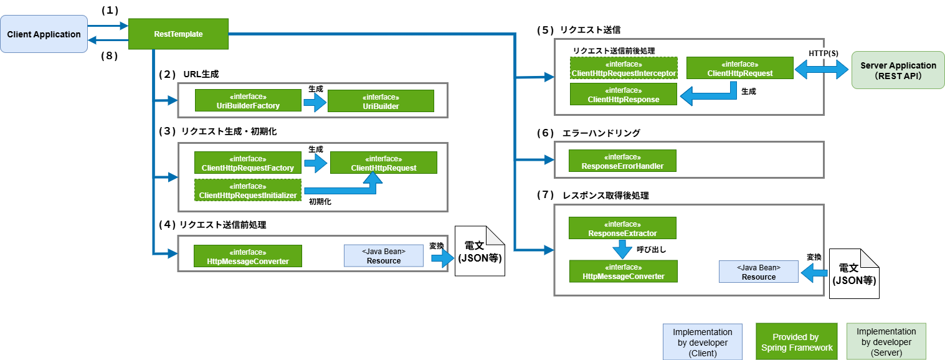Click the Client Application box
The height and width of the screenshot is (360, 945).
pyautogui.click(x=44, y=34)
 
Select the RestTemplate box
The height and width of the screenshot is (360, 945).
pyautogui.click(x=178, y=34)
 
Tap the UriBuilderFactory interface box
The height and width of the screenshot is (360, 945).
pyautogui.click(x=248, y=101)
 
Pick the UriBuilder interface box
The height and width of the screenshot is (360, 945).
pyautogui.click(x=381, y=102)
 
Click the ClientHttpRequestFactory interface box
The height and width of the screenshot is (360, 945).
pyautogui.click(x=248, y=163)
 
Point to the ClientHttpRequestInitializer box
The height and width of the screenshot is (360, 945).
pyautogui.click(x=248, y=191)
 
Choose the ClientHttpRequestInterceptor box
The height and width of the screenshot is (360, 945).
pyautogui.click(x=624, y=69)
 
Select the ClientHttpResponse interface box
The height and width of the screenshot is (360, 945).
pyautogui.click(x=624, y=95)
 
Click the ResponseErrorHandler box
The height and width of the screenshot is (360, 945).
pyautogui.click(x=622, y=161)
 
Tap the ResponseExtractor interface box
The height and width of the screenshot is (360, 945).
pyautogui.click(x=622, y=229)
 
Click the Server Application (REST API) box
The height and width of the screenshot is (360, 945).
pyautogui.click(x=889, y=70)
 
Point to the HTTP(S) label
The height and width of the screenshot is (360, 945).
pyautogui.click(x=823, y=54)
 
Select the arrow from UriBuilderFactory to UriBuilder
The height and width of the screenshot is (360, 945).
pyautogui.click(x=315, y=102)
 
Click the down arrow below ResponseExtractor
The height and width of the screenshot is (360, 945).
pyautogui.click(x=622, y=249)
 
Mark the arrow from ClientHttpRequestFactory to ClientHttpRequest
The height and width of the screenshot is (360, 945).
pyautogui.click(x=316, y=163)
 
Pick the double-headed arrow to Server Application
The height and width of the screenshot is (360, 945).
pyautogui.click(x=822, y=70)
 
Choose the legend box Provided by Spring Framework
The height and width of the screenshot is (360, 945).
pyautogui.click(x=796, y=342)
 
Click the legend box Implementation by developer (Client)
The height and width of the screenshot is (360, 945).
pyautogui.click(x=703, y=342)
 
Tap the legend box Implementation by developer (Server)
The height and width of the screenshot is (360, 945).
pyautogui.click(x=886, y=342)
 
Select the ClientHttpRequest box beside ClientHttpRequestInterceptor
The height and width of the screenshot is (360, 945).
pyautogui.click(x=739, y=69)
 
